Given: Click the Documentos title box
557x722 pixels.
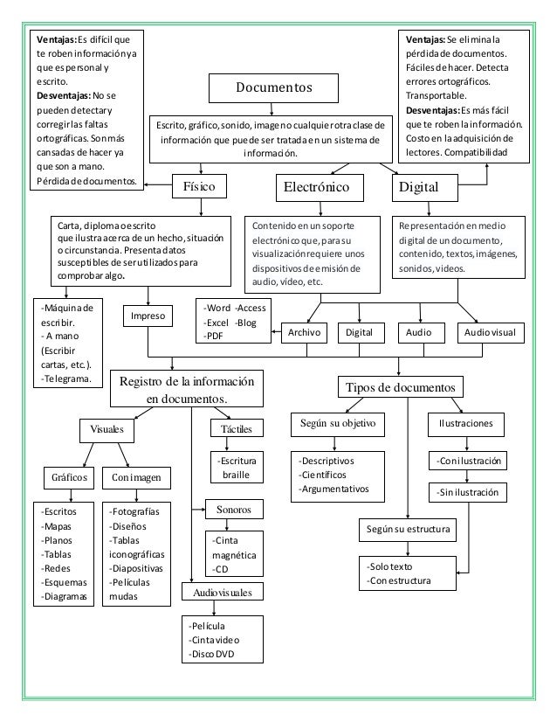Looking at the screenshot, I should point(272,88).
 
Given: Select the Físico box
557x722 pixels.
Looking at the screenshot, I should point(202,185).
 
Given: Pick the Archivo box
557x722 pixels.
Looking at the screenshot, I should point(303,333).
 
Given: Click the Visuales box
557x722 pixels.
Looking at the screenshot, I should point(107,429).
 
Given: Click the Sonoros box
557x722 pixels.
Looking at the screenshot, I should point(231,507).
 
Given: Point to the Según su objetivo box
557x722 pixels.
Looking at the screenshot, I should point(337,423).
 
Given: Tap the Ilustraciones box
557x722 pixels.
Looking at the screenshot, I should point(465,423).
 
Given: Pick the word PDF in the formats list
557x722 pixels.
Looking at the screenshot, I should point(213,336).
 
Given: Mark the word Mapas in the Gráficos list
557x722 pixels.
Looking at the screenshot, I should point(59,526).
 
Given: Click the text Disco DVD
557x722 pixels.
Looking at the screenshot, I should point(215,655).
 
